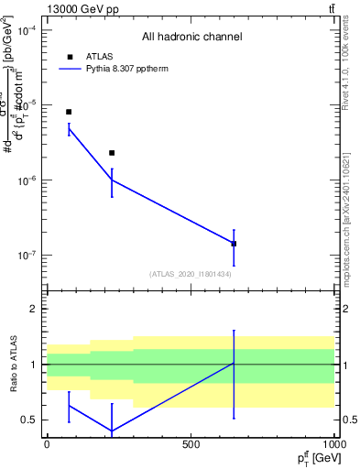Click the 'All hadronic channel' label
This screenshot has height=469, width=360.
(191, 38)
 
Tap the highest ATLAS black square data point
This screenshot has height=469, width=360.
(69, 112)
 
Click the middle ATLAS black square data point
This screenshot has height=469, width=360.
(112, 153)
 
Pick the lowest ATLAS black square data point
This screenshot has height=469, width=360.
(234, 244)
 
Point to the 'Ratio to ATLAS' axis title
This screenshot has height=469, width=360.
(11, 365)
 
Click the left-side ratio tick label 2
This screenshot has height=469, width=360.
(34, 310)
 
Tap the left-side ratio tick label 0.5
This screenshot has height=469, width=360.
(29, 420)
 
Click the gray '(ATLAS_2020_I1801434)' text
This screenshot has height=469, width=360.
(190, 274)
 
